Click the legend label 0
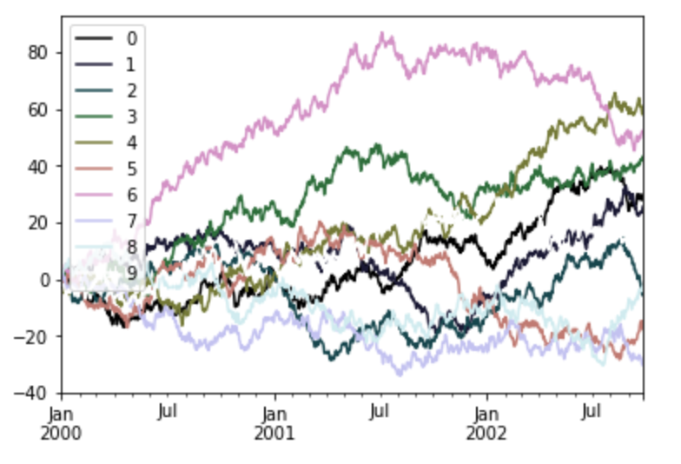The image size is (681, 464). tap(131, 38)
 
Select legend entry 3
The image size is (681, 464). tap(131, 116)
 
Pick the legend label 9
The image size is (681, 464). tap(131, 273)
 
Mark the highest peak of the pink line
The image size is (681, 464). tap(382, 33)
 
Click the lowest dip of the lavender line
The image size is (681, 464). tap(399, 375)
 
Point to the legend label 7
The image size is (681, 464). tap(131, 221)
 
